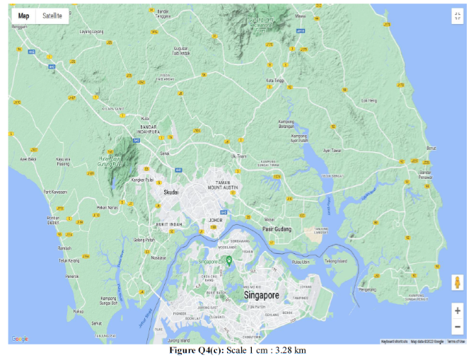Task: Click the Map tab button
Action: click(x=24, y=16)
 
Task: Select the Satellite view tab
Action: click(x=52, y=16)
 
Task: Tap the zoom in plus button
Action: click(x=458, y=310)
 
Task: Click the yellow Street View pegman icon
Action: click(x=458, y=282)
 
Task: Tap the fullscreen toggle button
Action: click(x=458, y=16)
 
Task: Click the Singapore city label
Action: click(x=262, y=294)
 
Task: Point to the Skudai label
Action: click(x=171, y=192)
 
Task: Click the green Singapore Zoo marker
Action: click(x=229, y=260)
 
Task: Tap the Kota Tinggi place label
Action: click(x=275, y=81)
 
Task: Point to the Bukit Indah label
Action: click(x=170, y=224)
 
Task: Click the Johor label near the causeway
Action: click(x=216, y=220)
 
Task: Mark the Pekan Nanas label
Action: click(x=108, y=207)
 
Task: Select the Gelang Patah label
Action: click(x=144, y=240)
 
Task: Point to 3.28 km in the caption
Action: click(x=293, y=351)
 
